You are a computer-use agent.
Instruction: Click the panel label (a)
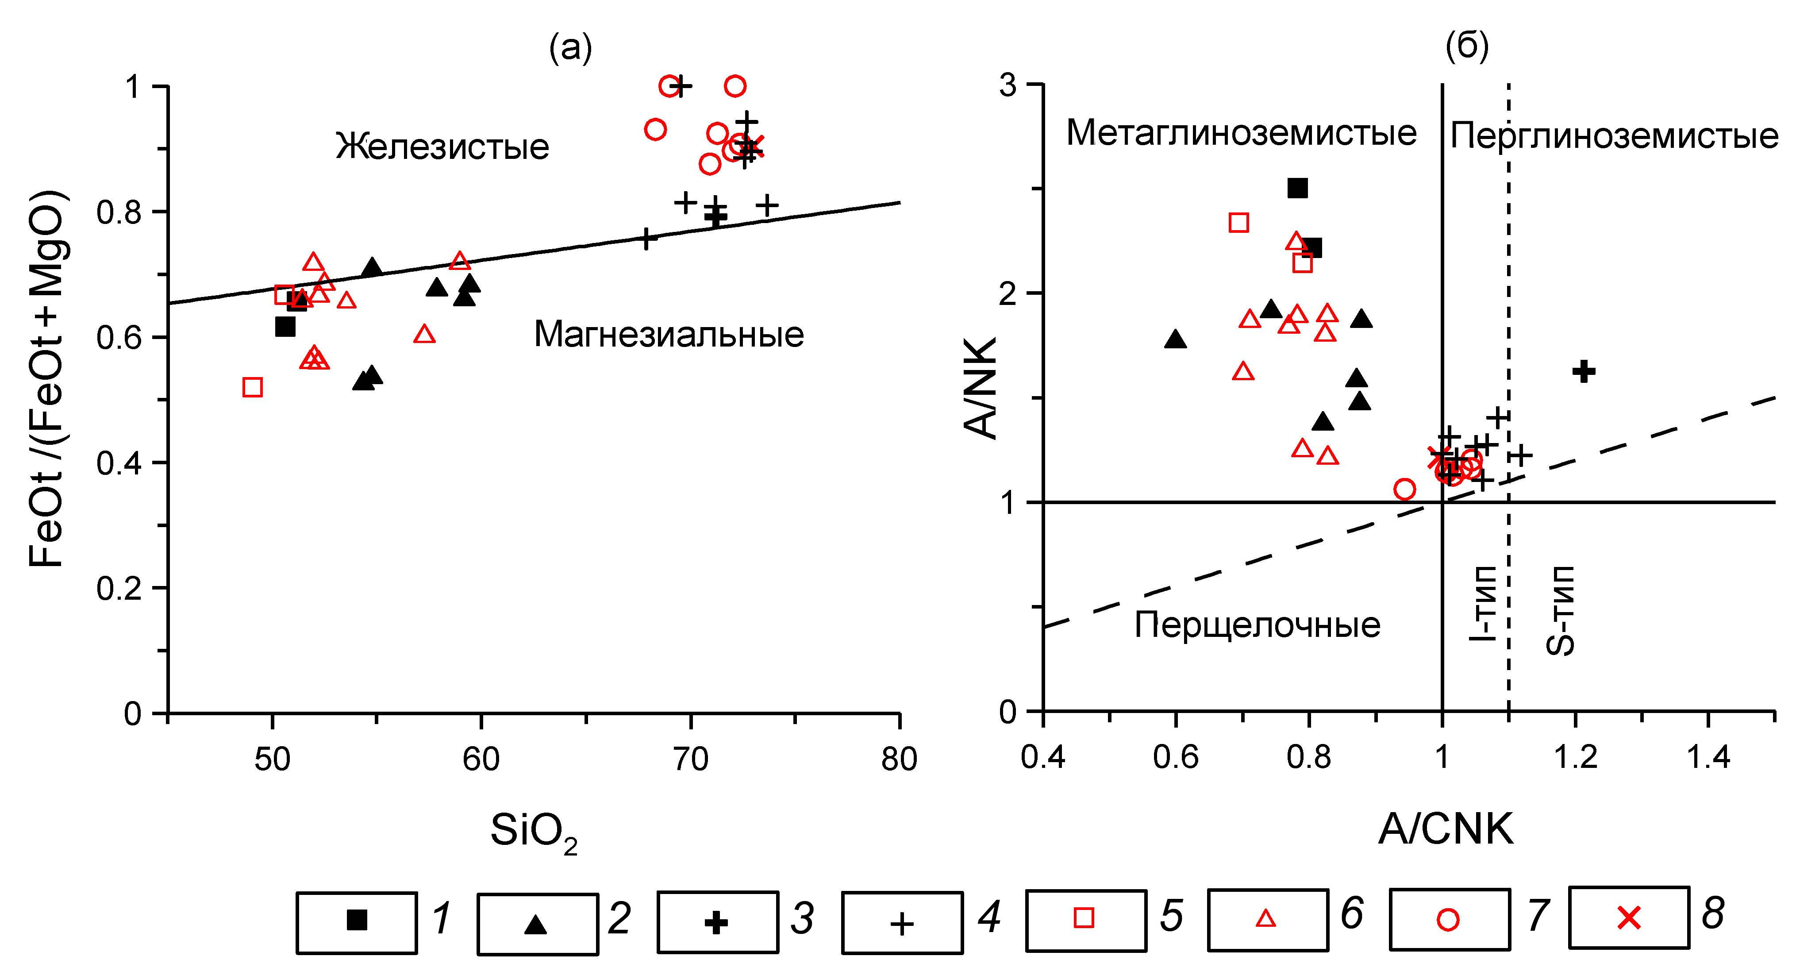click(x=570, y=49)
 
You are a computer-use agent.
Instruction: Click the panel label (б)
click(x=1467, y=46)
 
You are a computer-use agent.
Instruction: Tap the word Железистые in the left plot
click(x=443, y=147)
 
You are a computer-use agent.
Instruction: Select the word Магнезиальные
click(x=669, y=335)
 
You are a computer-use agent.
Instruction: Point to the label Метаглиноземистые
click(x=1242, y=132)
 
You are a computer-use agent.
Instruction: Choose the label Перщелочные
click(x=1257, y=625)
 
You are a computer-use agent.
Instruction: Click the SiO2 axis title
click(x=534, y=833)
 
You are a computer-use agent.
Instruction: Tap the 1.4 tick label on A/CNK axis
click(x=1708, y=756)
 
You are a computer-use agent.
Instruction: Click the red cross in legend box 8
click(x=1629, y=917)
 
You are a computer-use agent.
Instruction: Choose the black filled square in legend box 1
click(x=357, y=920)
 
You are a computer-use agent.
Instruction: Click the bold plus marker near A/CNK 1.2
click(x=1583, y=371)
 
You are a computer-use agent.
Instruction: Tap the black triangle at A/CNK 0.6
click(x=1176, y=339)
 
